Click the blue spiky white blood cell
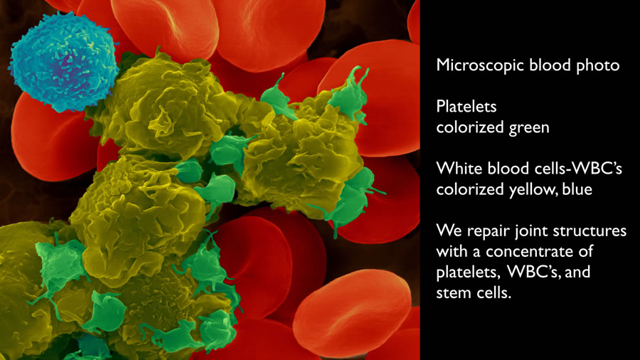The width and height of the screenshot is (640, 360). click(x=64, y=61)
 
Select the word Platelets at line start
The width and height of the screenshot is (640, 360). click(x=466, y=107)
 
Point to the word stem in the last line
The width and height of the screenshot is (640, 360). click(x=453, y=293)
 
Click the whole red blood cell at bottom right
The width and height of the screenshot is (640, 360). click(x=352, y=312)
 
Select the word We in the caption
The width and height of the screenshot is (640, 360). click(x=449, y=231)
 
